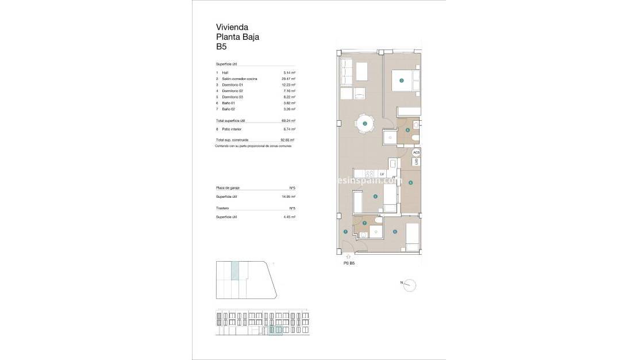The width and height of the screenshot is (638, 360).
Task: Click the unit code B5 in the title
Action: [221, 48]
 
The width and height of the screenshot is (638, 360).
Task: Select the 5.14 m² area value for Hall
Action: [289, 73]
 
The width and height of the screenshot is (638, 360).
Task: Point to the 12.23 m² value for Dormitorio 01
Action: [289, 85]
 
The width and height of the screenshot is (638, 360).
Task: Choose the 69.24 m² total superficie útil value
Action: [289, 121]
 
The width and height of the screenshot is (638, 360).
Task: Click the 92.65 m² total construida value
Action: [287, 140]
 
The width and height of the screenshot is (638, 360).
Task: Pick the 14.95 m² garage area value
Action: [289, 197]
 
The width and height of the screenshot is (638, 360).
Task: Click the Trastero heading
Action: [222, 208]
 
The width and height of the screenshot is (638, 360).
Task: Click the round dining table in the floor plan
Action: [364, 124]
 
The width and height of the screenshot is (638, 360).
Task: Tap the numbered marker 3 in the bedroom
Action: [401, 81]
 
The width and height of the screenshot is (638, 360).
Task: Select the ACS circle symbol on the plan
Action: [417, 152]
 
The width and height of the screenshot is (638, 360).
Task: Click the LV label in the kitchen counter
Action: [382, 173]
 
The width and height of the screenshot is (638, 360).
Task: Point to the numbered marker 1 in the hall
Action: [345, 232]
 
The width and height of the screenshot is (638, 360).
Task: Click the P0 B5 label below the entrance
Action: [349, 263]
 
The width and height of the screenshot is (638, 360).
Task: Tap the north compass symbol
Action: [409, 285]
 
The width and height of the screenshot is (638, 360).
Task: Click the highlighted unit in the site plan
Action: [235, 270]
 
